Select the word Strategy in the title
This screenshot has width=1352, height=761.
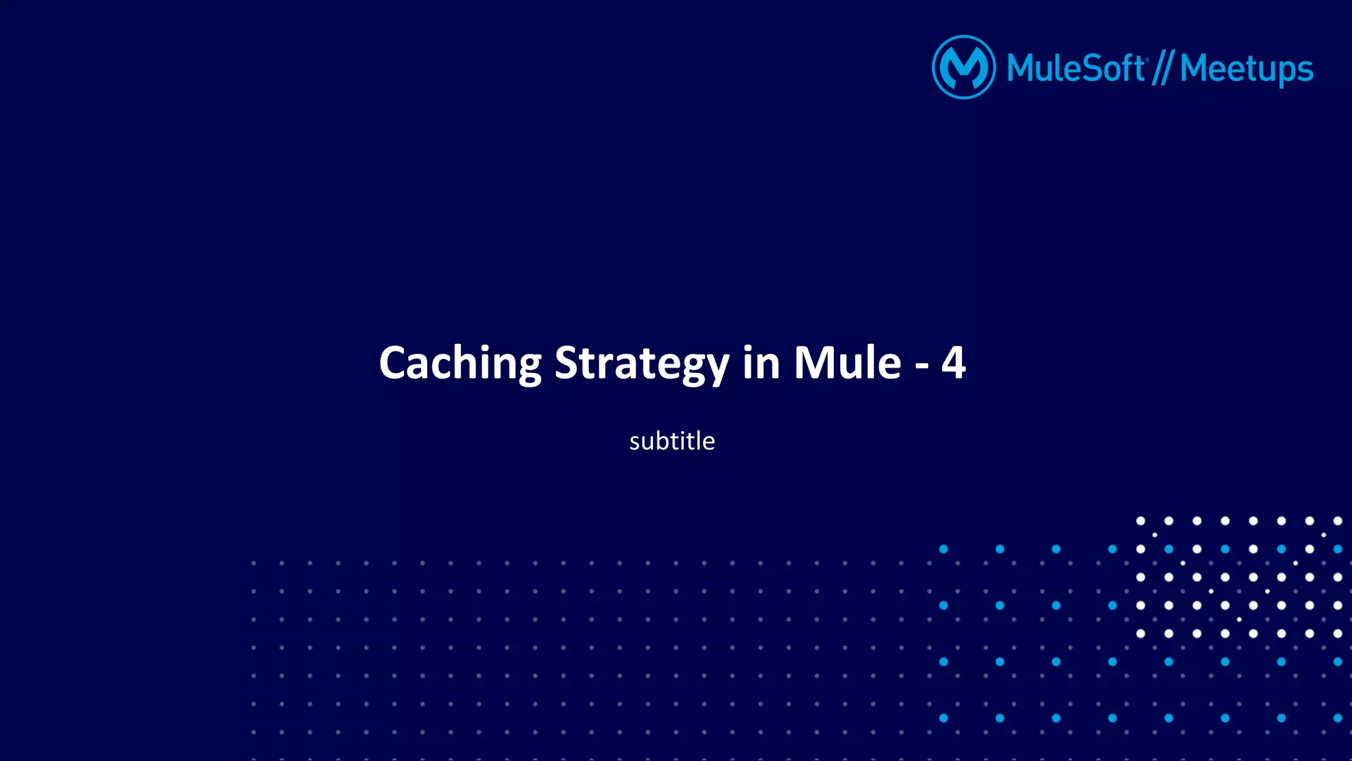click(x=642, y=364)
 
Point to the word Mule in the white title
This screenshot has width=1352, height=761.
click(x=847, y=364)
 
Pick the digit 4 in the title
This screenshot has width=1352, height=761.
click(x=954, y=362)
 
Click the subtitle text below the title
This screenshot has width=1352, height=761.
click(x=672, y=441)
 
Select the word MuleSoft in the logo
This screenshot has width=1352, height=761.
click(x=1076, y=69)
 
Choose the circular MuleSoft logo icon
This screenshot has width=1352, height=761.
click(x=964, y=67)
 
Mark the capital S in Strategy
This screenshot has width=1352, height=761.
click(x=568, y=364)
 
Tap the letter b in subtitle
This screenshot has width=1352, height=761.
click(x=663, y=440)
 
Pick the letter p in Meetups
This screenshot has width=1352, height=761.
click(x=1283, y=73)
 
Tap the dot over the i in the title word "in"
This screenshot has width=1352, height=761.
click(x=748, y=347)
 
